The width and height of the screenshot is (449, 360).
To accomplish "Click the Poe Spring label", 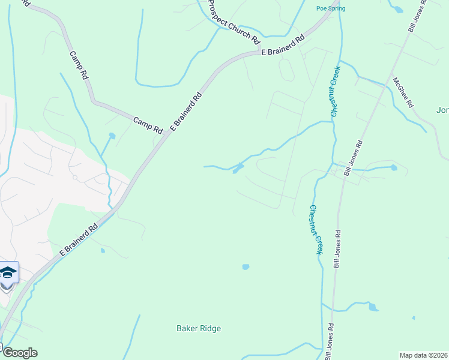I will tap(331, 8).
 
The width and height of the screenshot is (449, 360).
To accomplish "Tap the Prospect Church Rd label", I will tap(233, 21).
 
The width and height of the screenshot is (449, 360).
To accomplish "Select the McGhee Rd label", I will tap(403, 92).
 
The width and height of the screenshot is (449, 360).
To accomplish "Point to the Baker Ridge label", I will tap(199, 328).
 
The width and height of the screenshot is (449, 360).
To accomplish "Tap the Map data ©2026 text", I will tap(423, 355).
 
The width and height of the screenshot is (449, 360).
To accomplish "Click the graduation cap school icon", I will tap(8, 273).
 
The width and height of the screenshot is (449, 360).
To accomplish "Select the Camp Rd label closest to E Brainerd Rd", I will tap(148, 125).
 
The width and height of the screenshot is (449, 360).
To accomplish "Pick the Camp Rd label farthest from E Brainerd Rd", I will tap(79, 66).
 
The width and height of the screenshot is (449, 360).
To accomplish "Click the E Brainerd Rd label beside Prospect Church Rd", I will tap(283, 45).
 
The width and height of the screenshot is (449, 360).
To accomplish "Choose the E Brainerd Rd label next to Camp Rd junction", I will tap(186, 112).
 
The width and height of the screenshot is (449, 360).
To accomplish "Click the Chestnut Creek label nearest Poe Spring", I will tap(335, 89).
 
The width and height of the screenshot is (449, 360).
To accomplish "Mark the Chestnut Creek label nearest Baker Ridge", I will tap(316, 230).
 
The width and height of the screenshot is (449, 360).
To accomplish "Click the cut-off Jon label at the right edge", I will tap(442, 110).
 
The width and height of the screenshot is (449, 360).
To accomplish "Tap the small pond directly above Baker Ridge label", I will tap(245, 266).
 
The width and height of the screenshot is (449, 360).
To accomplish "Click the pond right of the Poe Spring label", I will tap(397, 8).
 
